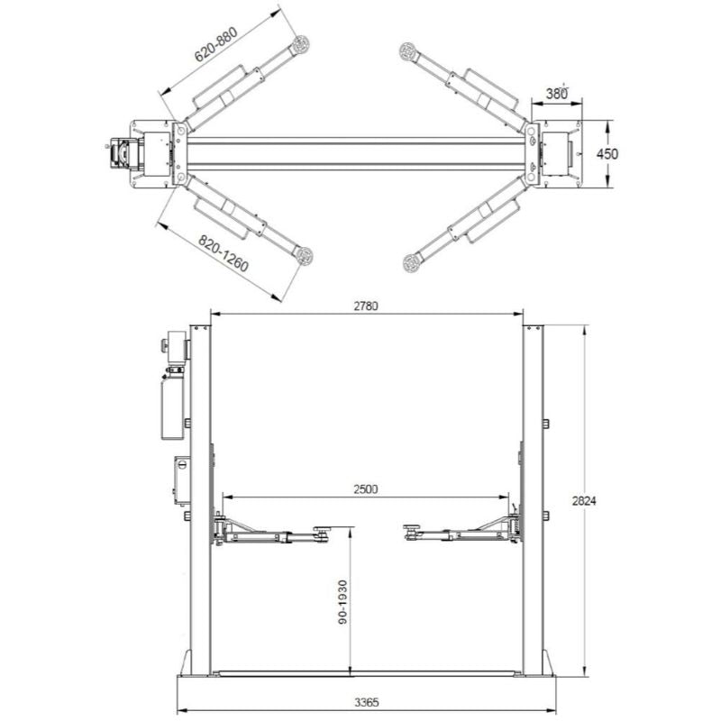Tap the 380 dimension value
coord(558,93)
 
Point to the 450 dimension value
coord(608,154)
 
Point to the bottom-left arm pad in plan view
coord(305,256)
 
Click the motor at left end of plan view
coord(120,153)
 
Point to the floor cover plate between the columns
coord(367,672)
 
